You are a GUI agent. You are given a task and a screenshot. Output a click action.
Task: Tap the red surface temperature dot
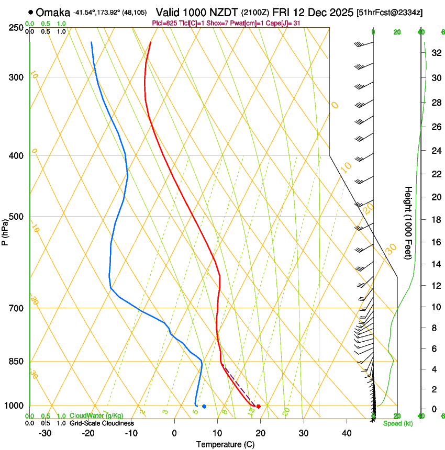point(259,407)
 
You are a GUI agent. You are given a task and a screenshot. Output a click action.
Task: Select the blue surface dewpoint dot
point(204,407)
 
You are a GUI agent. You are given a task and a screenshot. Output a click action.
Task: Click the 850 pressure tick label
point(17,362)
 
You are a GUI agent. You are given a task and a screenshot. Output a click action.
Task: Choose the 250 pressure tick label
point(17,28)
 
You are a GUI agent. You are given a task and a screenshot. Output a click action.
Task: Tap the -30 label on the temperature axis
point(45,433)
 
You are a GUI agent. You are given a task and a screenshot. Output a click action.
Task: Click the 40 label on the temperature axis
point(346,433)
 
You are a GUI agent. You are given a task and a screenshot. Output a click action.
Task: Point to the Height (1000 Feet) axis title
point(408,222)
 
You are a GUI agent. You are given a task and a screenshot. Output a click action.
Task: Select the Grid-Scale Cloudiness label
point(102,423)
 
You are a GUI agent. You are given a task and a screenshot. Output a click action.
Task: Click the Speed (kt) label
point(398,423)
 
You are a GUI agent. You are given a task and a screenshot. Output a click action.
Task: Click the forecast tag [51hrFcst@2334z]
point(390,12)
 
